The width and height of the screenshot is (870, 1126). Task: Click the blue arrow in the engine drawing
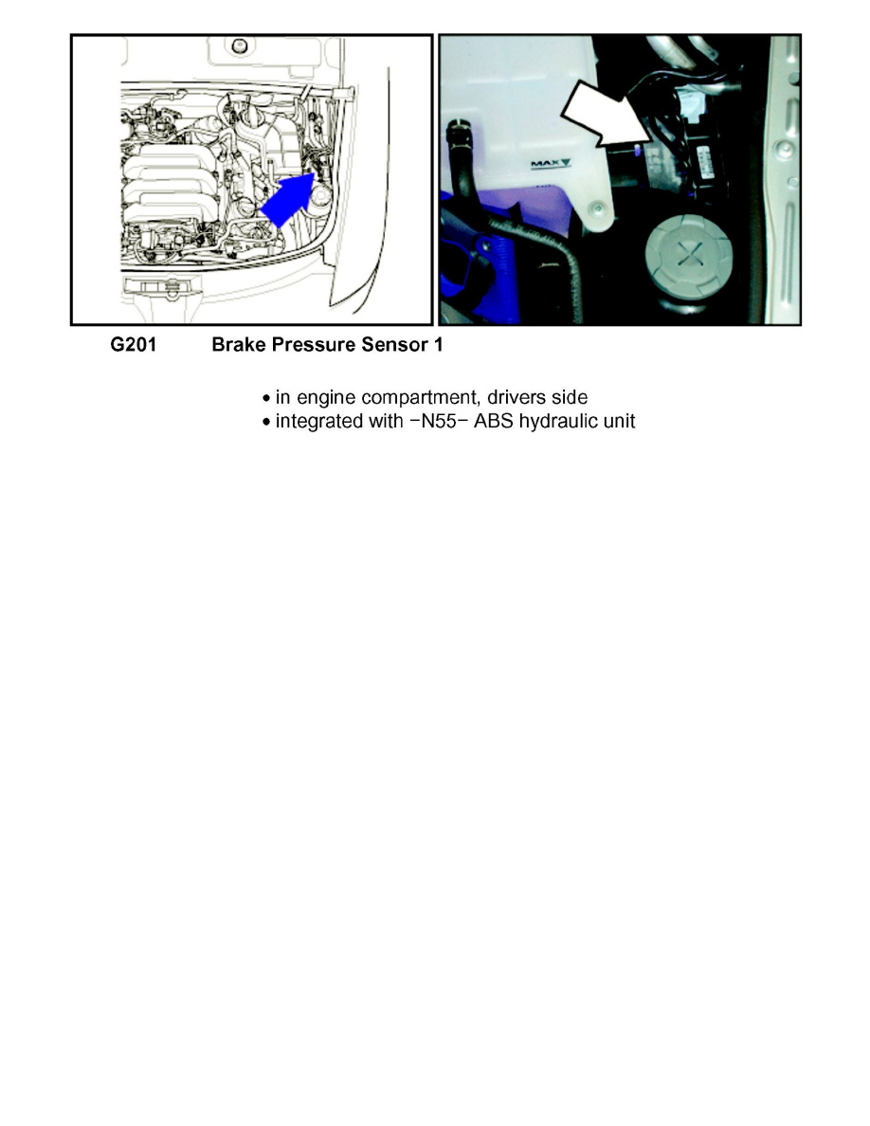289,199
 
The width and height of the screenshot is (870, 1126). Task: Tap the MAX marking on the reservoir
551,164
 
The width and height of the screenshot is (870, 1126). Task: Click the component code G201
133,345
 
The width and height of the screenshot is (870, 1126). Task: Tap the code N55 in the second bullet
439,421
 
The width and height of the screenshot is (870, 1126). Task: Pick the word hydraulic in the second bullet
558,423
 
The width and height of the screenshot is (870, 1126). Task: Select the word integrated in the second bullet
318,423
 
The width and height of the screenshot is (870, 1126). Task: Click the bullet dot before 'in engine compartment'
266,398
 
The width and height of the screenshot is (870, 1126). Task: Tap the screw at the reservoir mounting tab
597,209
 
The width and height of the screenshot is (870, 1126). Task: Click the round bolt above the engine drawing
239,46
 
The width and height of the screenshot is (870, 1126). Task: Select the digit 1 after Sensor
438,345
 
